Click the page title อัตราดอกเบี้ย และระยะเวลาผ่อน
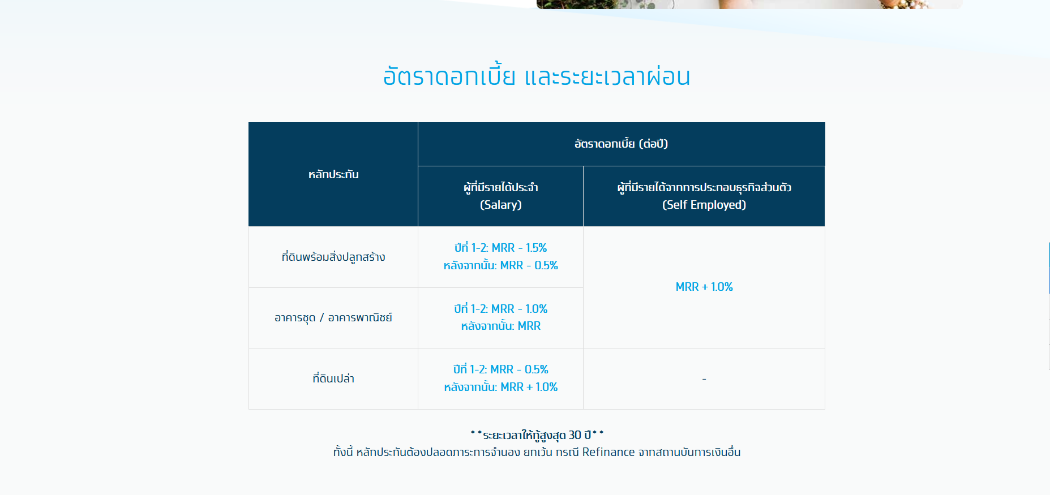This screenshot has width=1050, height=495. click(x=537, y=76)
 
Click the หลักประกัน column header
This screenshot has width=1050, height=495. click(x=333, y=174)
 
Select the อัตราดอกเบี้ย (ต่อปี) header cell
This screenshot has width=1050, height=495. click(x=621, y=144)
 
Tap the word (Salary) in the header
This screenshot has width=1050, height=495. click(x=501, y=205)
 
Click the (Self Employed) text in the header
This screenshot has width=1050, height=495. click(x=704, y=205)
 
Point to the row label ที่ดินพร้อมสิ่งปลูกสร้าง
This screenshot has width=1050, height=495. click(x=333, y=257)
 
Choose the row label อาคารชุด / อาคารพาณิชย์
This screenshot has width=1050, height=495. click(x=333, y=317)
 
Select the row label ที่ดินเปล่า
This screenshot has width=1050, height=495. click(x=333, y=378)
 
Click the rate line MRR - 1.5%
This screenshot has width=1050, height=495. click(x=519, y=248)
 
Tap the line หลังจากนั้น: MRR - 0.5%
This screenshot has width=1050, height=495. click(x=501, y=265)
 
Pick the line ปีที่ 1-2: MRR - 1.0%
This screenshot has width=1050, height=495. click(x=501, y=309)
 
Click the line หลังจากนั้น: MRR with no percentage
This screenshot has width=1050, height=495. click(x=501, y=326)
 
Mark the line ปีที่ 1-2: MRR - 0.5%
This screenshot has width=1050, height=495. click(x=501, y=369)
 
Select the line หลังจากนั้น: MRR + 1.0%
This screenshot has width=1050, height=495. click(x=501, y=387)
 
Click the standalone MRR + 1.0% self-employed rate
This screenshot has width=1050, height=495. click(x=704, y=287)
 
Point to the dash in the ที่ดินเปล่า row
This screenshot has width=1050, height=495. click(x=704, y=378)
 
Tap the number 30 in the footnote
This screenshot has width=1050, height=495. click(x=575, y=435)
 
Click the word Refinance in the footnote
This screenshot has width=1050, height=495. click(x=608, y=452)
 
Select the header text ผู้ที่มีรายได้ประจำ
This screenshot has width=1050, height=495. click(x=501, y=187)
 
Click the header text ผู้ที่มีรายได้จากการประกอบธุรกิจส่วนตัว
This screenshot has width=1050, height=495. click(x=704, y=187)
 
